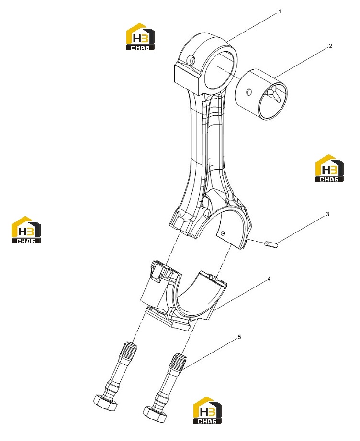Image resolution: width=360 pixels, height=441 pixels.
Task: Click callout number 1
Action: tap(280, 12)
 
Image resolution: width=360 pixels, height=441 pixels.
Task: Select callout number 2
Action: tap(330, 46)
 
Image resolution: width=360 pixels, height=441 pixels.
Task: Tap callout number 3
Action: tap(327, 214)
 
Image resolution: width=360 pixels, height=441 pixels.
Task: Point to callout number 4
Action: tap(269, 279)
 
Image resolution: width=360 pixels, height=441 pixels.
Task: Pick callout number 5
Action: tap(239, 337)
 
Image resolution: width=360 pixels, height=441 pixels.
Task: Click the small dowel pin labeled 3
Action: tap(271, 245)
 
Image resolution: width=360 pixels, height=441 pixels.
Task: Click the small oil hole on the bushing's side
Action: tap(248, 92)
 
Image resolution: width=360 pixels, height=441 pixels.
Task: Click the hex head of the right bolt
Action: tap(155, 413)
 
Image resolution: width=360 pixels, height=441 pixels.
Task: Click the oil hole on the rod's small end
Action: tap(191, 60)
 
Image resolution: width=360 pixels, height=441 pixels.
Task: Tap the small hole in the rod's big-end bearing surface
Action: tap(223, 233)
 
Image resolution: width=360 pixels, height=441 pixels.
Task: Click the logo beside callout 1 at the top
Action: tap(140, 37)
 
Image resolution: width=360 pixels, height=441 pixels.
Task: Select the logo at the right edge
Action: tap(330, 168)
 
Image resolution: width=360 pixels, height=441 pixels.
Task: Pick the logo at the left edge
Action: tap(26, 230)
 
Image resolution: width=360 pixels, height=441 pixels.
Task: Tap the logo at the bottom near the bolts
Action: tap(207, 410)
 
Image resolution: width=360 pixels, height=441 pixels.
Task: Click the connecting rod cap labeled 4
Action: tap(183, 295)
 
